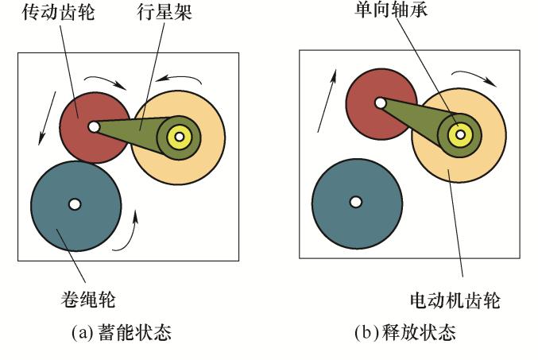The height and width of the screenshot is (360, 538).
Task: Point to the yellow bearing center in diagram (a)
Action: point(180,137)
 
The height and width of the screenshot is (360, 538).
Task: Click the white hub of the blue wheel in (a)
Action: point(74,204)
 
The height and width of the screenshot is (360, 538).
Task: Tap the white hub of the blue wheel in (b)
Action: point(354,200)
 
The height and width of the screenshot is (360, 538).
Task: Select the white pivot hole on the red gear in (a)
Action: point(94,126)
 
